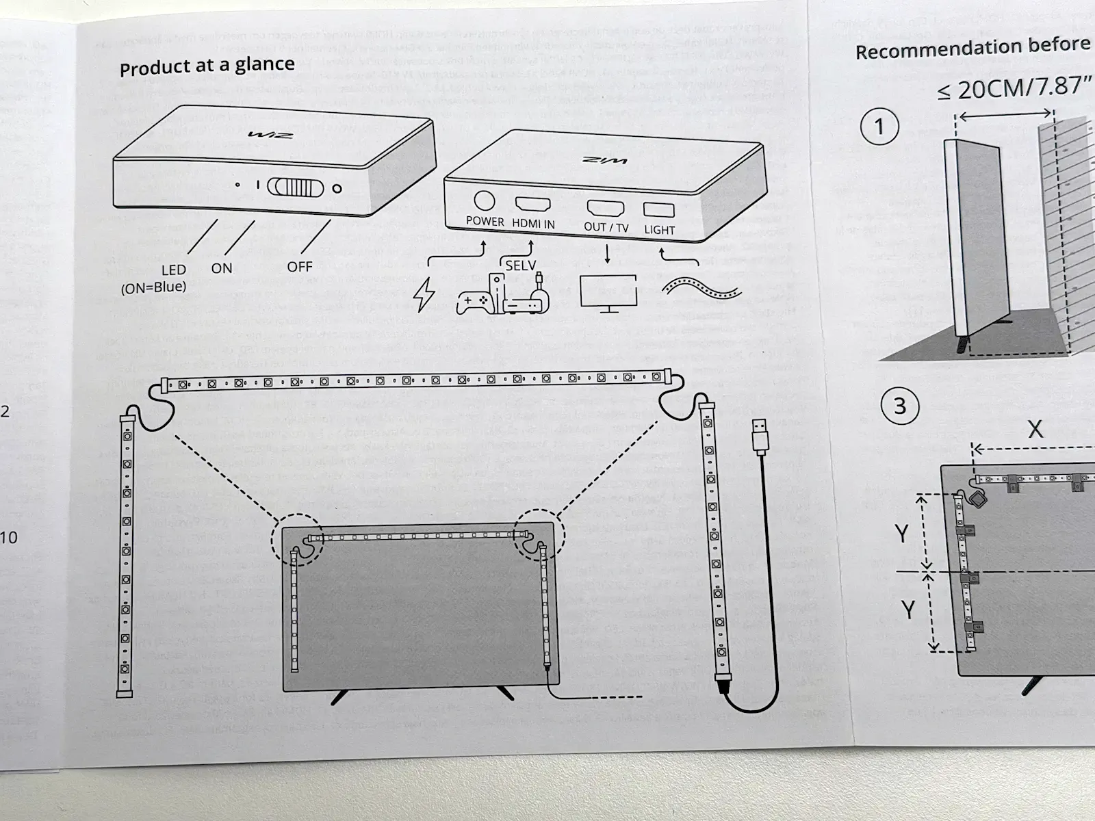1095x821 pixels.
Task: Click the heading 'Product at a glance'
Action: [x=207, y=66]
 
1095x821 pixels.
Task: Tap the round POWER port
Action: [x=484, y=200]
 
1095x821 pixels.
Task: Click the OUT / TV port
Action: [x=605, y=207]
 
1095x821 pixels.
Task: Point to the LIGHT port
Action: [x=659, y=210]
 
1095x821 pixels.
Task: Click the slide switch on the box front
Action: [x=295, y=187]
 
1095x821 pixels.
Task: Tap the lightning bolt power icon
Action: [x=424, y=295]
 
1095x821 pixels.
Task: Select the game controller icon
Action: [x=474, y=302]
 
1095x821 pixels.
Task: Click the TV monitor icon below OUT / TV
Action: [x=608, y=293]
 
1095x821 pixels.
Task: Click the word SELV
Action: [x=520, y=265]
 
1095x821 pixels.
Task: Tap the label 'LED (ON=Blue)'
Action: [x=155, y=279]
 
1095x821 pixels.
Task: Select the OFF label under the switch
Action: [x=299, y=267]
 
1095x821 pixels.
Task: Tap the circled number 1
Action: [x=879, y=127]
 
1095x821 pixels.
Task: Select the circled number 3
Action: [x=899, y=406]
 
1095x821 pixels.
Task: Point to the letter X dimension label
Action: [x=1035, y=429]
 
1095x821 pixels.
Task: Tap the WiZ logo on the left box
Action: [x=271, y=135]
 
